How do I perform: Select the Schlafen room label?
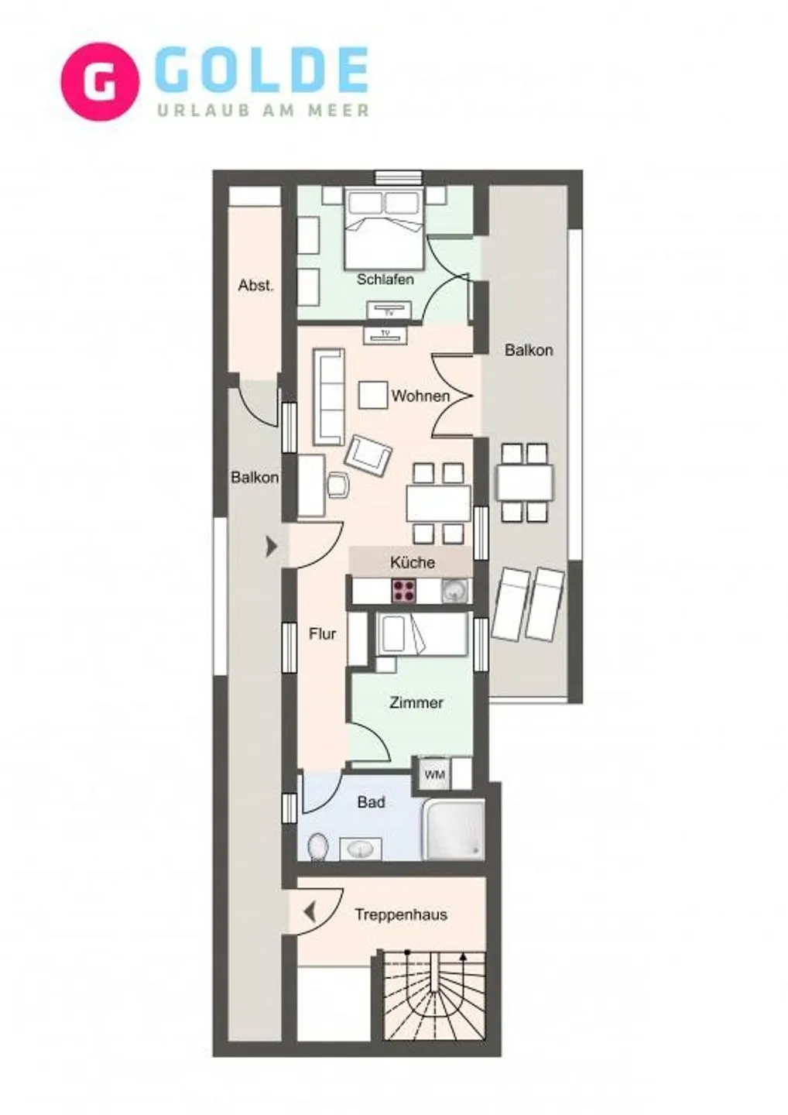[385, 279]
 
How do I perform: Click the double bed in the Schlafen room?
[385, 228]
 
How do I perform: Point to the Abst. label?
[255, 285]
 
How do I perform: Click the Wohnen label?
[420, 396]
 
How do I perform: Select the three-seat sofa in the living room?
[328, 396]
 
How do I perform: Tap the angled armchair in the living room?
[368, 455]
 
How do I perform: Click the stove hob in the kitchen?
[403, 592]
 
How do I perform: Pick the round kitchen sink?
[455, 592]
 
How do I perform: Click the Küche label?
[412, 562]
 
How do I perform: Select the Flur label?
[322, 634]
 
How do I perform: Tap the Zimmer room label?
[416, 703]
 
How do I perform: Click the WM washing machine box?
[434, 774]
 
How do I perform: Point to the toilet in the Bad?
[317, 846]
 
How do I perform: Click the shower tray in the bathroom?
[454, 829]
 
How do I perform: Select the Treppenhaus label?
[400, 914]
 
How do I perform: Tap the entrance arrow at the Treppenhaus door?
[310, 913]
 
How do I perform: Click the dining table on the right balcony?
[525, 482]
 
